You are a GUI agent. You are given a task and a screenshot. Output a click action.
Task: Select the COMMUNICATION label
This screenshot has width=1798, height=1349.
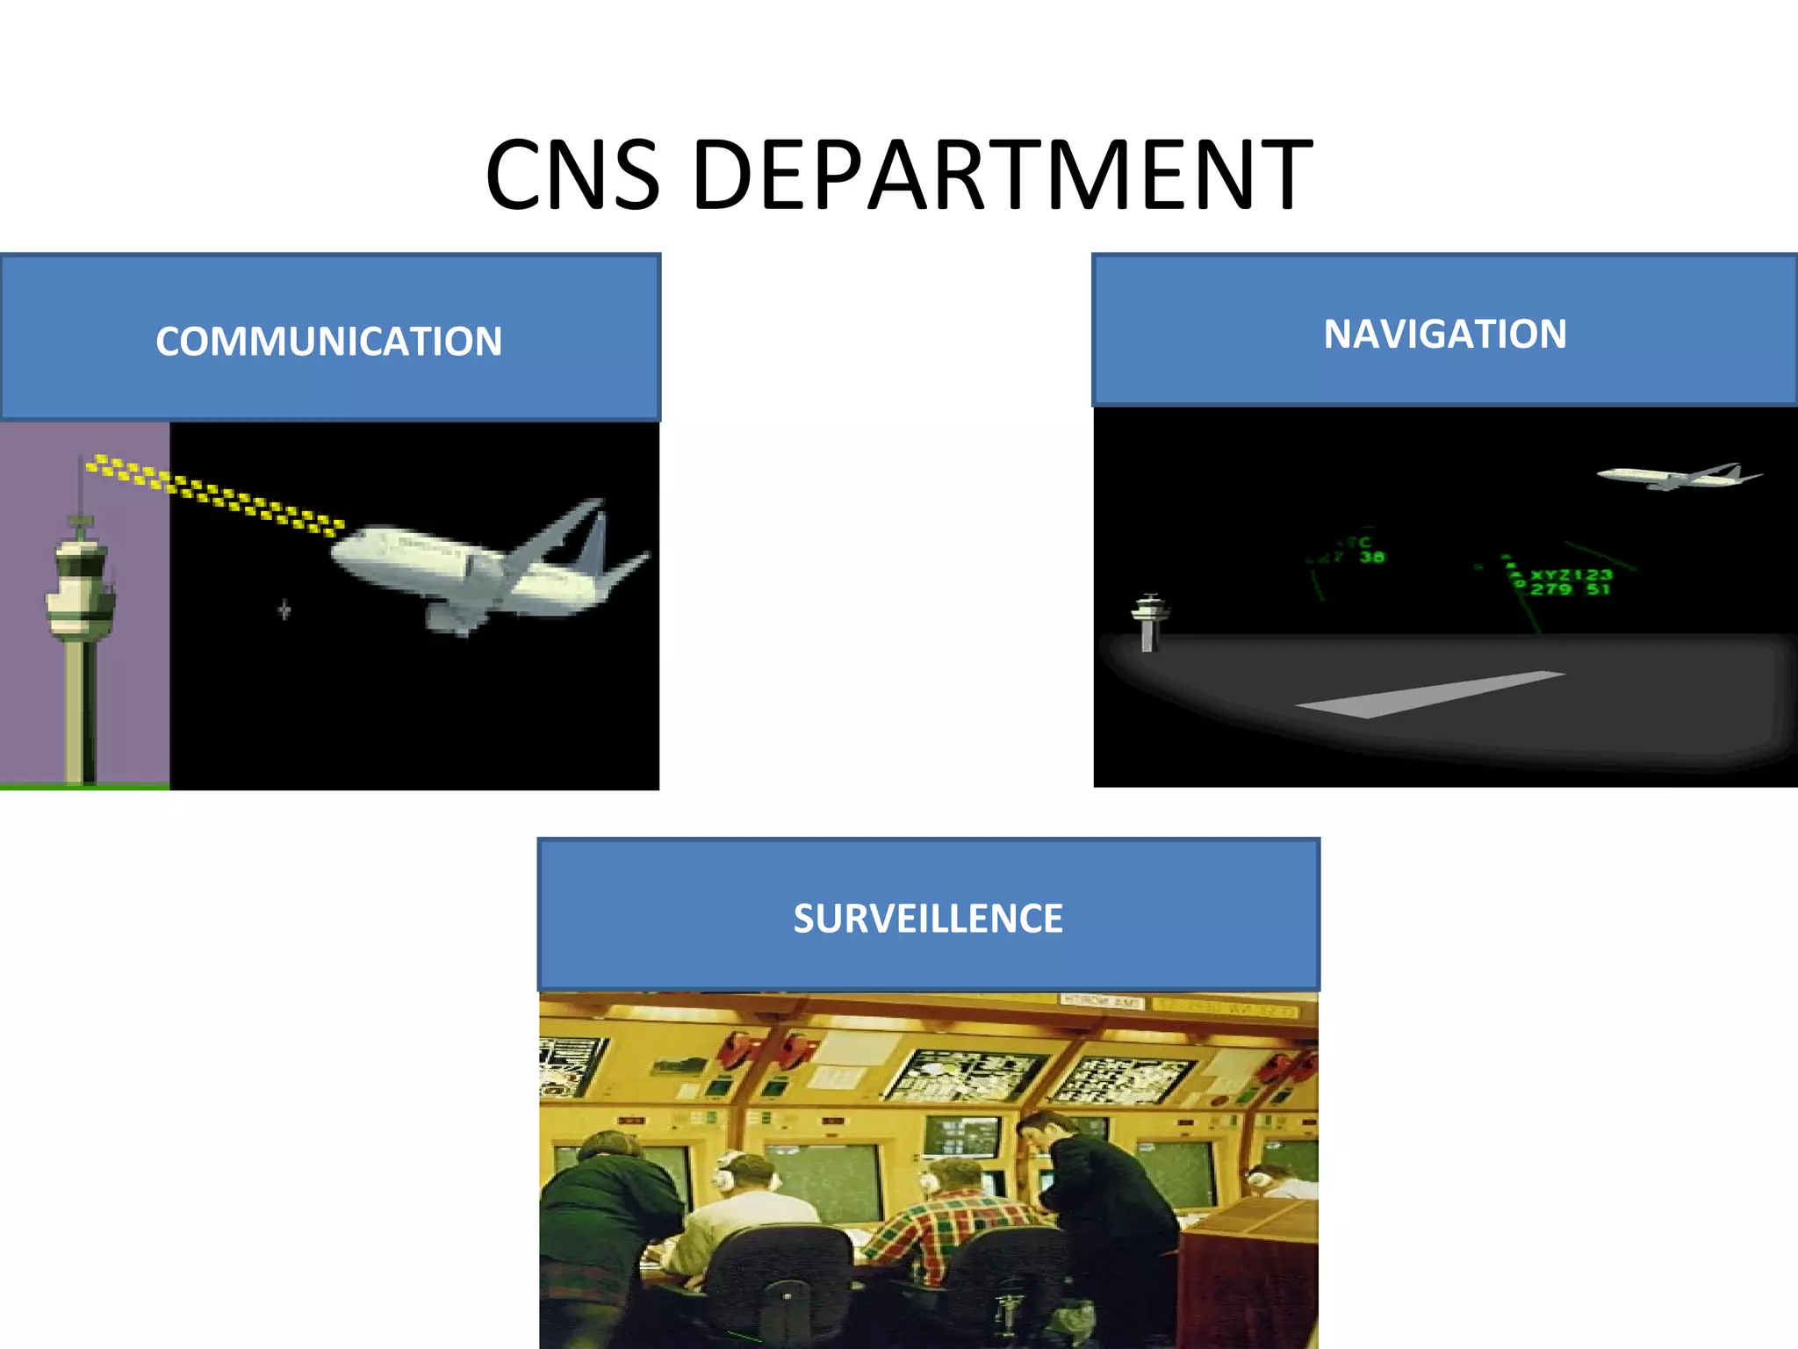[x=329, y=341]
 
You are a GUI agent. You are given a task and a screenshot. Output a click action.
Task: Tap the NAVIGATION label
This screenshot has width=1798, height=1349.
[x=1445, y=334]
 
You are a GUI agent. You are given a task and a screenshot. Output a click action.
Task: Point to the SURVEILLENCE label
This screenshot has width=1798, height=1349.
[x=928, y=919]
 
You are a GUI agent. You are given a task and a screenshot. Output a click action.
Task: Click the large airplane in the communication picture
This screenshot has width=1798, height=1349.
[x=474, y=566]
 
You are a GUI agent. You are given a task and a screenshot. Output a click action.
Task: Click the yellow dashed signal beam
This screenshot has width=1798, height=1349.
[x=219, y=494]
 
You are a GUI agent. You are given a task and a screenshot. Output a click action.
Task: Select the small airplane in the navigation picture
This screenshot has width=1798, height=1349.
[x=1672, y=477]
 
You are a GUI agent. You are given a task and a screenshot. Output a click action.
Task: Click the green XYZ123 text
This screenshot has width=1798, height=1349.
[x=1571, y=575]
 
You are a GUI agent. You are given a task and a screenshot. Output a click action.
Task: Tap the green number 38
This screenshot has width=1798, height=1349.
[x=1372, y=557]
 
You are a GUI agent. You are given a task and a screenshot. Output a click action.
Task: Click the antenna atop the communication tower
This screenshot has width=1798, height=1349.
[x=81, y=487]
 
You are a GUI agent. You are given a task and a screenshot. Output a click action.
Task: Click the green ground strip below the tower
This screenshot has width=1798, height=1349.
[x=84, y=786]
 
